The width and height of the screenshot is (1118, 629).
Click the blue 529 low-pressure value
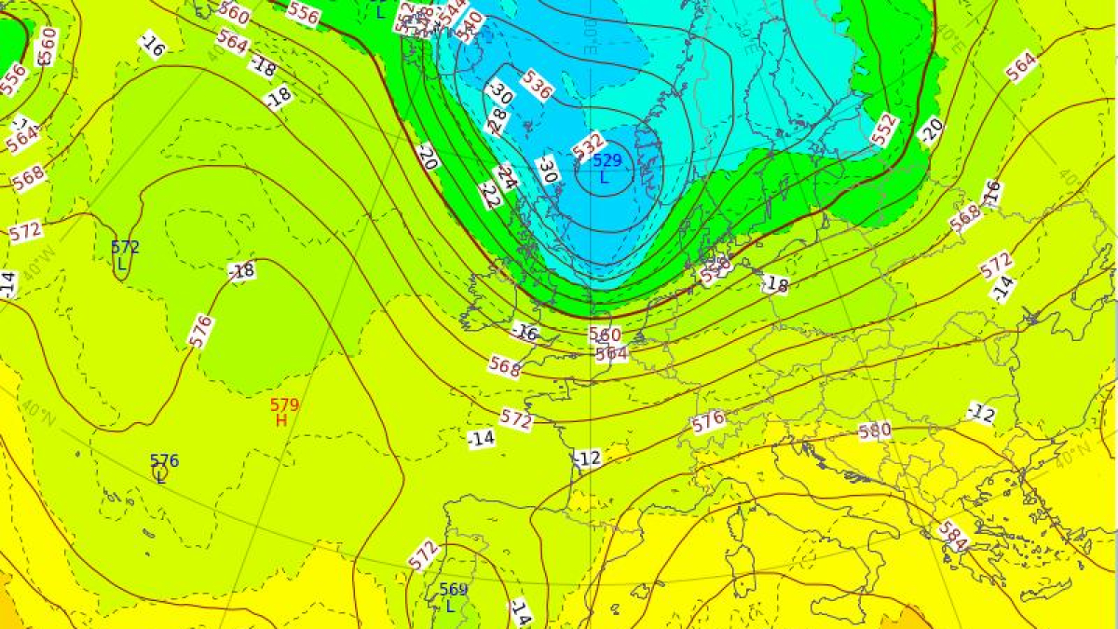point(607,160)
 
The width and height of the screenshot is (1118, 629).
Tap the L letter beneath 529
point(604,177)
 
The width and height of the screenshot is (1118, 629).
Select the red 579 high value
point(284,404)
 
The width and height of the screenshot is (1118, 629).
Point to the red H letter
point(280,420)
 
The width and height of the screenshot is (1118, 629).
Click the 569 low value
point(453,589)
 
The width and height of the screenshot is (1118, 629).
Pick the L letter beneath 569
point(450,606)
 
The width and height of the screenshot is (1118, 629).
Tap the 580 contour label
point(874,431)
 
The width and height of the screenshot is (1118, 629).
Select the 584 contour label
point(952,535)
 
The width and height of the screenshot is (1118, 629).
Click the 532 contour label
point(588,145)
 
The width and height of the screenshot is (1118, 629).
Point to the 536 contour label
point(537,84)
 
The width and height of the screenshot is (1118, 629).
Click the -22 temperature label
point(490,195)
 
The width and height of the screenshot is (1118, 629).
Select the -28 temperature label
point(498,119)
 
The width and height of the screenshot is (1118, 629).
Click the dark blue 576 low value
point(164,460)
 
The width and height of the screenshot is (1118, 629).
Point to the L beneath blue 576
point(160,476)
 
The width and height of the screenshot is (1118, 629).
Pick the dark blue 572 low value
point(125,247)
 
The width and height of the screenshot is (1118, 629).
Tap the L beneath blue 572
point(121,264)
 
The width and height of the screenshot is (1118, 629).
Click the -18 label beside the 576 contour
point(241,271)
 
